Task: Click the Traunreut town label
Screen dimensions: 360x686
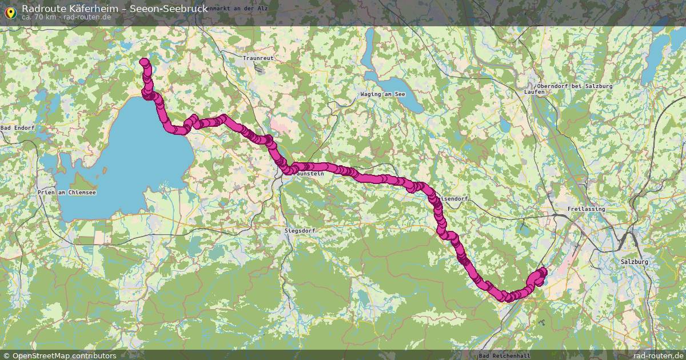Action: (x=258, y=58)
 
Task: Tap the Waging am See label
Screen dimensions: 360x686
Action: (x=382, y=94)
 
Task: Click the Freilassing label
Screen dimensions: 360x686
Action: (x=586, y=209)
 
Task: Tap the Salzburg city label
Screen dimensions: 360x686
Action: (x=634, y=262)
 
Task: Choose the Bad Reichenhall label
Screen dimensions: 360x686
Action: (x=504, y=355)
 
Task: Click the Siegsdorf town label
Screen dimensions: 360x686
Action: (x=300, y=230)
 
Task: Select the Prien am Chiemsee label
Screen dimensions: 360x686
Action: (x=66, y=193)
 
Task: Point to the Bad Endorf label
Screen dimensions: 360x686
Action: (x=17, y=127)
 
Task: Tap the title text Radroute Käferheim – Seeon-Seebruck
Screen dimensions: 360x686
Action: (x=114, y=8)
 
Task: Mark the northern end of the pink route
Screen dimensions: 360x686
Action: (x=144, y=62)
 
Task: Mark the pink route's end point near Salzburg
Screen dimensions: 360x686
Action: (x=541, y=273)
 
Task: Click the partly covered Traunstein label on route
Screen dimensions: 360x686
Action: (x=320, y=173)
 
